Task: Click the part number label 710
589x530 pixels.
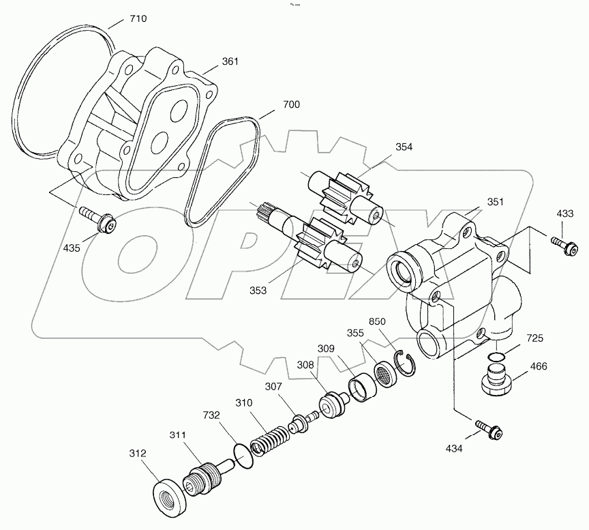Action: (138, 18)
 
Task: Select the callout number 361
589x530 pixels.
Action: (230, 62)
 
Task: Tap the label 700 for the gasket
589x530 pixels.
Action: (291, 105)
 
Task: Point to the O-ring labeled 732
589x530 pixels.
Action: (242, 454)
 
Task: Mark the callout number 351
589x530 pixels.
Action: (496, 202)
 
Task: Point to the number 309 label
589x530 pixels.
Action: (327, 349)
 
